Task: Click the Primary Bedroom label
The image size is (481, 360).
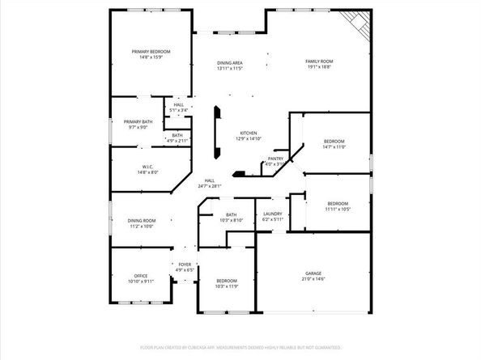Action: pos(151,51)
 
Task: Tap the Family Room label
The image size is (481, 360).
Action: pos(318,61)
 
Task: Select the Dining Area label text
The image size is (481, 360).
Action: pos(230,62)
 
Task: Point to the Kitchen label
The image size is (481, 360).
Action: pos(248,133)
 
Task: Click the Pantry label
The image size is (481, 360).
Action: pos(275,159)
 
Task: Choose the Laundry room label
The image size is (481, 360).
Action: pos(273,214)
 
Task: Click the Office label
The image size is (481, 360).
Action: pos(140,276)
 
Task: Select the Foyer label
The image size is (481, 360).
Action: pos(185,264)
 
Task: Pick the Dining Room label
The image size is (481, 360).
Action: pos(142,220)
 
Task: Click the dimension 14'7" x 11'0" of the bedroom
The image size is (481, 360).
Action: pos(334,147)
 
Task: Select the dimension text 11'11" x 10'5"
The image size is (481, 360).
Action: pos(338,209)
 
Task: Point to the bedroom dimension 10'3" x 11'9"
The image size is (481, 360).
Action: pos(227,286)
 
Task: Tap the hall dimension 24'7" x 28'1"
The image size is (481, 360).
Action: pos(210,186)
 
